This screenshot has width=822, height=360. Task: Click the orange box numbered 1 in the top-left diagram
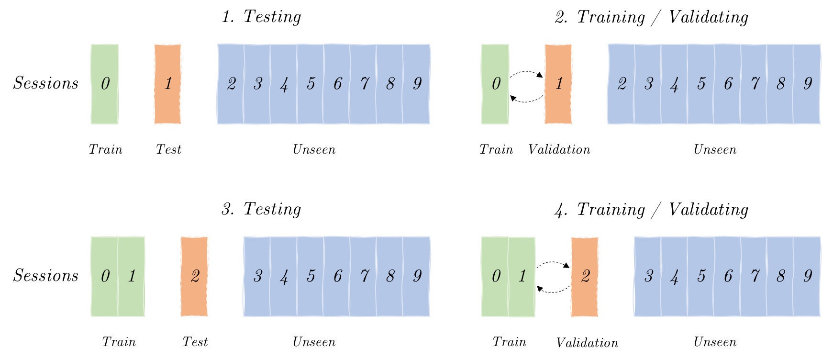[x=167, y=84]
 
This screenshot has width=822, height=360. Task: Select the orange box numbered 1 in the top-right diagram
[x=558, y=84]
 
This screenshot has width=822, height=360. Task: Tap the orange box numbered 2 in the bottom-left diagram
[x=194, y=276]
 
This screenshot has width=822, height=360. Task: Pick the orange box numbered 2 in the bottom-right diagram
[x=585, y=276]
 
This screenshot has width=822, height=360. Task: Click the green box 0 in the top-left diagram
[x=105, y=84]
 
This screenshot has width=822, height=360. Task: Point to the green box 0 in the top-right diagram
[x=495, y=84]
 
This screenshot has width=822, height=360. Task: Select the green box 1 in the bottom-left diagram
[x=132, y=276]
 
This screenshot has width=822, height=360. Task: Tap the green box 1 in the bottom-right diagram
[x=522, y=276]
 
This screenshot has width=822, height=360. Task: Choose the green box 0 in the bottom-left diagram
[x=104, y=276]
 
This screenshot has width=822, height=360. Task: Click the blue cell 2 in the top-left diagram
[x=231, y=84]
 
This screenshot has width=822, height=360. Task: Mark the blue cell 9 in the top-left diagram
[x=417, y=84]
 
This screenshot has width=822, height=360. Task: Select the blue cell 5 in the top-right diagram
[x=701, y=84]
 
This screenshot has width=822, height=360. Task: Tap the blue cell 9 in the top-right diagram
[x=807, y=84]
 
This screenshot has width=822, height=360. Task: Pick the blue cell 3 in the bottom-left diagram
[x=257, y=276]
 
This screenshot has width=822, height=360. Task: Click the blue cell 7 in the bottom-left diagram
[x=364, y=276]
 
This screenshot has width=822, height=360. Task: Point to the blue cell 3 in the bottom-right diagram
[x=648, y=276]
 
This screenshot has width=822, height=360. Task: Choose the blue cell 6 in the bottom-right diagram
[x=728, y=276]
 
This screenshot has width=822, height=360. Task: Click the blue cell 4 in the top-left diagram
[x=284, y=84]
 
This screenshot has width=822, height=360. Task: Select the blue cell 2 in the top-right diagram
[x=622, y=84]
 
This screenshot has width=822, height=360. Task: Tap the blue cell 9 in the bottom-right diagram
[x=807, y=276]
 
